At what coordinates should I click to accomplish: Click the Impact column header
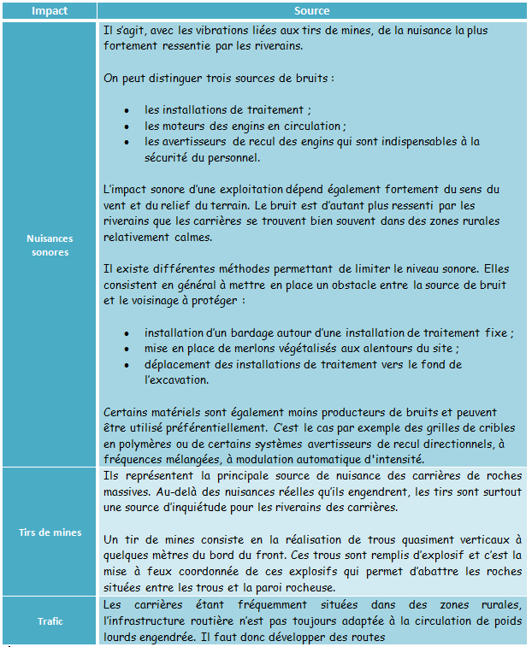pos(49,12)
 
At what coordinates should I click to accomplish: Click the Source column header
pos(311,12)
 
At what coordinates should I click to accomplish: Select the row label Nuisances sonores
pos(49,245)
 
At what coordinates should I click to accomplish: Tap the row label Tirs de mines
pos(49,532)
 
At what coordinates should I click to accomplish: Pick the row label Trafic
pos(49,621)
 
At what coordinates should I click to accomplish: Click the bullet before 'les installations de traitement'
pos(127,110)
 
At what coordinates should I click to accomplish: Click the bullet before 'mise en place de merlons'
pos(127,349)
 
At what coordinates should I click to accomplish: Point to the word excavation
pos(179,379)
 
